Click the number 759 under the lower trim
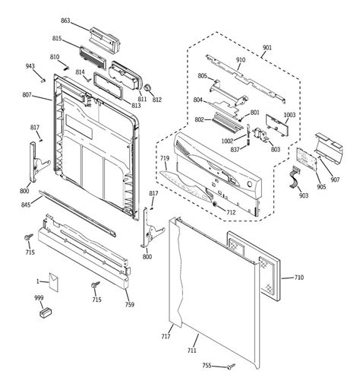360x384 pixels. click(x=129, y=306)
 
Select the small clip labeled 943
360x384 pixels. click(x=45, y=78)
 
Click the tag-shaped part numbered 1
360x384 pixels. click(x=53, y=281)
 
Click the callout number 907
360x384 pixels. click(x=335, y=158)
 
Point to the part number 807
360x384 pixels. click(x=27, y=95)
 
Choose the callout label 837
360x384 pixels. click(x=235, y=148)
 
